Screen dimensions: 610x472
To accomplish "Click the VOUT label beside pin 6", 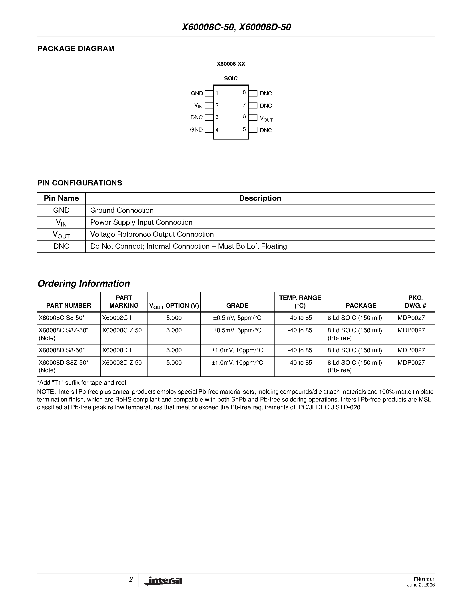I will (266, 119).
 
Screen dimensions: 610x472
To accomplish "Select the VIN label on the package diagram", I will (198, 106).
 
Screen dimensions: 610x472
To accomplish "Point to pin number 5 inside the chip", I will (244, 129).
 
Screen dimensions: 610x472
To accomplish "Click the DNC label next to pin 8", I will (266, 94).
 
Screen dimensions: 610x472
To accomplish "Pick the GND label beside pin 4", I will (196, 130).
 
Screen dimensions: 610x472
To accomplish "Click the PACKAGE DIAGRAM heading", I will (76, 49).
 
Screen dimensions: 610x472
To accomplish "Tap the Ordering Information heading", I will (84, 283).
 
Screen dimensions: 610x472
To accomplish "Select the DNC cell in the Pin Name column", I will (61, 246).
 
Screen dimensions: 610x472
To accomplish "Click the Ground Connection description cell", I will (122, 210).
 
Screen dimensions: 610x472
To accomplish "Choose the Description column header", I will (260, 198).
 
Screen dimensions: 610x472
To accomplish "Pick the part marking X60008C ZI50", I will (122, 331).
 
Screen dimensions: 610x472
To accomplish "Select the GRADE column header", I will (237, 306).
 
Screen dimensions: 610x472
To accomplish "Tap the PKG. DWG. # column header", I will (415, 302).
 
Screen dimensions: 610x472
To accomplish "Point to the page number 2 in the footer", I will (131, 580).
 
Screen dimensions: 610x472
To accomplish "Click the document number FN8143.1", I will (424, 579).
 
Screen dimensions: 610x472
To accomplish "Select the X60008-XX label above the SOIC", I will (231, 64).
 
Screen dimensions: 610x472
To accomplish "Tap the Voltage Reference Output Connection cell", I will (152, 234).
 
